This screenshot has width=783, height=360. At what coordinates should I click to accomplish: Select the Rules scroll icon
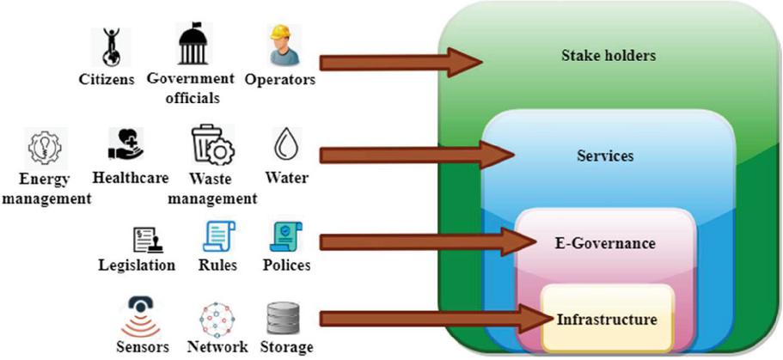(x=217, y=237)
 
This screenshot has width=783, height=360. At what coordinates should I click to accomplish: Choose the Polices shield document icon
(x=283, y=236)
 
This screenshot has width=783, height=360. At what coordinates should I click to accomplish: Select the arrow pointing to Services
(x=413, y=156)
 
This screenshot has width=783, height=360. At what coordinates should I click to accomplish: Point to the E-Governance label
(x=607, y=243)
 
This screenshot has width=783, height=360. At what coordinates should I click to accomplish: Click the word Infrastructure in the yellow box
(x=607, y=320)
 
